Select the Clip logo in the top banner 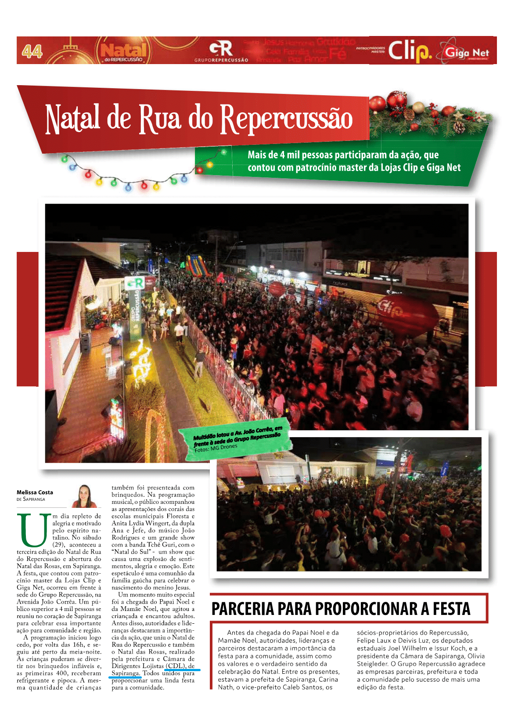(x=409, y=51)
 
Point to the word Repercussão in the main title (x=286, y=119)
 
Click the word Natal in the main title (x=72, y=119)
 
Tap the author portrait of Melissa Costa (x=84, y=496)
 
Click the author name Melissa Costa (x=35, y=492)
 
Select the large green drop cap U (x=33, y=529)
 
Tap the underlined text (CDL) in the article (x=176, y=666)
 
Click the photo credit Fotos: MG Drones (x=216, y=448)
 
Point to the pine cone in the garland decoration (x=459, y=127)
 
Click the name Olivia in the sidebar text (x=476, y=656)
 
